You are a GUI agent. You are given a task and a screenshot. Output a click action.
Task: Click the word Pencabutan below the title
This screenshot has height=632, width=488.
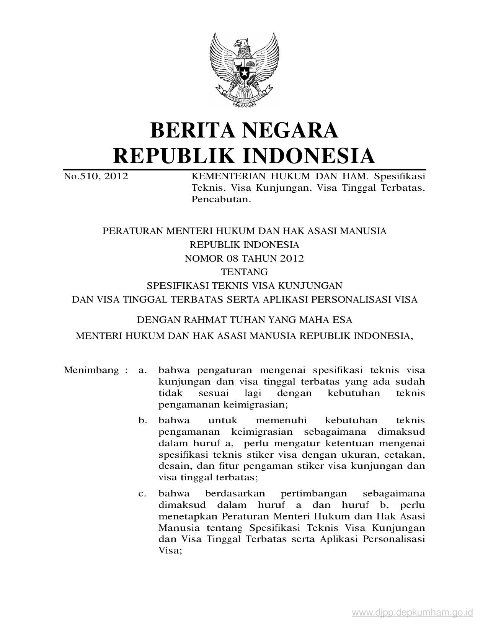221,200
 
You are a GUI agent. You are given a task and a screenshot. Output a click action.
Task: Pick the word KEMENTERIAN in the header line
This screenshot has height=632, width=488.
223,177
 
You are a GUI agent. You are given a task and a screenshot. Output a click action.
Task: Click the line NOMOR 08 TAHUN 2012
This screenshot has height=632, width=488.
244,259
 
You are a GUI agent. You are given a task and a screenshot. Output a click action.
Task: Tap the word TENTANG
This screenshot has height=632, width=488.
244,272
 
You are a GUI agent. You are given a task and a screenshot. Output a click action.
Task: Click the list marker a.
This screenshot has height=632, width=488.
143,370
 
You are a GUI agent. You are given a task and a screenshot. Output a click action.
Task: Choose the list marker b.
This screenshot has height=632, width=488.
143,421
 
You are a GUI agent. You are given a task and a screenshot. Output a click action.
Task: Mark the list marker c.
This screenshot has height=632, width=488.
143,494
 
